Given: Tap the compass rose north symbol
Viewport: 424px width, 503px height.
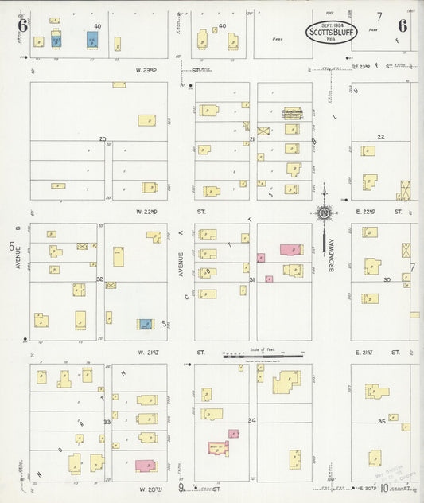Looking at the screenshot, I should [x=324, y=213].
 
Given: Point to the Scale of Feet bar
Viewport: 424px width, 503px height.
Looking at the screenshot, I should [x=263, y=355].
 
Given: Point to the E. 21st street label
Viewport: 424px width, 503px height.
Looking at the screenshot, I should [x=364, y=352].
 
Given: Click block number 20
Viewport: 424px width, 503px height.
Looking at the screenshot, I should [x=102, y=139].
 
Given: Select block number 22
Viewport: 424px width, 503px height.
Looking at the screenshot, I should [x=381, y=137].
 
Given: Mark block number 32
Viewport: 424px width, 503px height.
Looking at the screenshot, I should [x=99, y=279].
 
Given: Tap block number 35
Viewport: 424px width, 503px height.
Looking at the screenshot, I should [x=382, y=420].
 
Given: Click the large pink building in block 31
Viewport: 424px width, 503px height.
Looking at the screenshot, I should [x=291, y=249].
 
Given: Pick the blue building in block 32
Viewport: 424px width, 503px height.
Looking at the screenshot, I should [x=146, y=324].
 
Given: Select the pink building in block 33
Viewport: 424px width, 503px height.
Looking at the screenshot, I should [x=145, y=466].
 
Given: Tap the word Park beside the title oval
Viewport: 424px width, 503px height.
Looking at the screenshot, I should [x=277, y=38].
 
